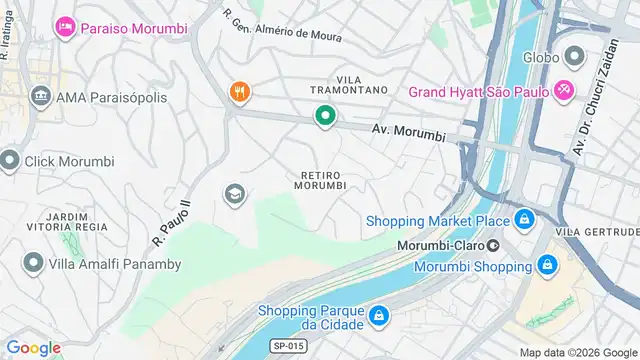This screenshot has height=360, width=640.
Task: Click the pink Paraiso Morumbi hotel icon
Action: (x=66, y=24)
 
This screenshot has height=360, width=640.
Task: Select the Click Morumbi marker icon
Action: (x=10, y=160)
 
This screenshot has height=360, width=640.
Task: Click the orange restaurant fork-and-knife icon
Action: (x=238, y=93)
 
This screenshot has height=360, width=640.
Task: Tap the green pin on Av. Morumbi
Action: (x=325, y=117)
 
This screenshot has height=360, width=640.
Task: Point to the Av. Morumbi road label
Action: (x=407, y=131)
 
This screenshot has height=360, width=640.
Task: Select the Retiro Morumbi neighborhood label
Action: (x=322, y=179)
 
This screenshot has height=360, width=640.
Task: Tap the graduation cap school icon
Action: (x=235, y=193)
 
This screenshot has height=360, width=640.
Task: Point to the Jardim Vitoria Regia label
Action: (x=68, y=221)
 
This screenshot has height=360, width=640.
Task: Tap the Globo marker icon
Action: (x=574, y=55)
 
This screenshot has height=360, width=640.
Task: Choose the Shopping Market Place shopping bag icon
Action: (x=524, y=220)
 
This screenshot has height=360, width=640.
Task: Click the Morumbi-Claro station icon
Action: (x=493, y=244)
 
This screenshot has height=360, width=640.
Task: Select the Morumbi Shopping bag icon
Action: (x=546, y=266)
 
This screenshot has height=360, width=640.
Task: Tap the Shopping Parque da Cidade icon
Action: (x=378, y=318)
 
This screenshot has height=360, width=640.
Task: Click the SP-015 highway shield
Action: (x=285, y=346)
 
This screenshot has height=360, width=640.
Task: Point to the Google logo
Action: (x=33, y=347)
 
